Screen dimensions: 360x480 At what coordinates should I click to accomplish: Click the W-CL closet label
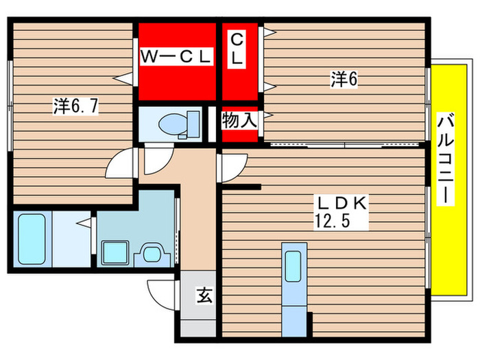click(x=176, y=57)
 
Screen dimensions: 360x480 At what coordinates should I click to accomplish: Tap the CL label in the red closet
click(x=237, y=48)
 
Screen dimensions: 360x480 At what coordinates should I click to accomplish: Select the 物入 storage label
click(x=239, y=121)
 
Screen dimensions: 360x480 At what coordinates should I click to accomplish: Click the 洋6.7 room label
click(x=76, y=106)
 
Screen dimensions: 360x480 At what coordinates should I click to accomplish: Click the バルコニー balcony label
click(x=445, y=158)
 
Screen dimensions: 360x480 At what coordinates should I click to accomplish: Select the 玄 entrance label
click(x=204, y=296)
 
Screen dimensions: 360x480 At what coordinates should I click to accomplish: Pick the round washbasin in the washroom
click(x=150, y=254)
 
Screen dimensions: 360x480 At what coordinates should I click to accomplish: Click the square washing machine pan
click(x=112, y=253)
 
